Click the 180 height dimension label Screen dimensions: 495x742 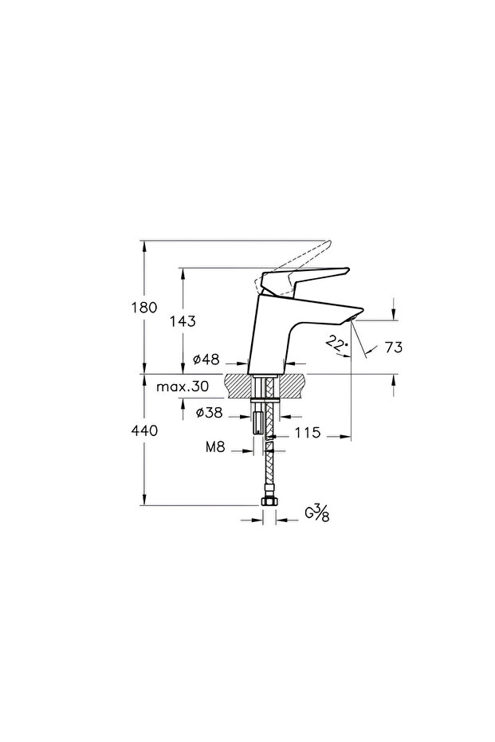(x=143, y=308)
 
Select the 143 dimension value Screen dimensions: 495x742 (x=183, y=321)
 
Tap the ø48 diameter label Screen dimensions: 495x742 (x=206, y=359)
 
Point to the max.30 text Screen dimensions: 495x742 (x=183, y=387)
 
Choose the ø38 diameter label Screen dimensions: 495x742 (x=208, y=413)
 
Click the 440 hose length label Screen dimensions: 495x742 (x=144, y=431)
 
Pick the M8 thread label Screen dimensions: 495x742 (x=215, y=446)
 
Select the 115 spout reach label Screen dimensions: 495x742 (x=308, y=433)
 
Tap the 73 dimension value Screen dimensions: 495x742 (x=393, y=347)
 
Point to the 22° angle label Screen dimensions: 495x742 (x=337, y=344)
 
